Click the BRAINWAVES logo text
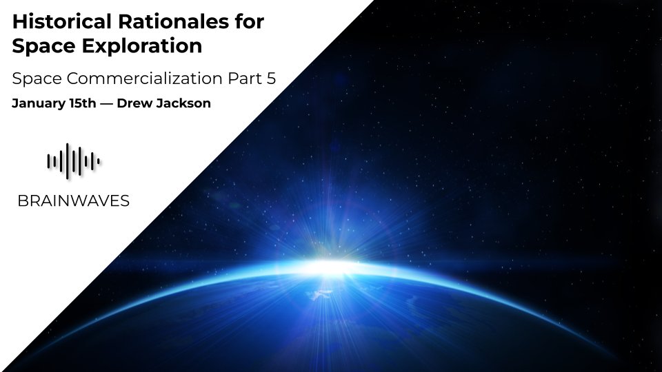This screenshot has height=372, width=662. tap(73, 201)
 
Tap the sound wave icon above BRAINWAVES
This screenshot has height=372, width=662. tap(73, 161)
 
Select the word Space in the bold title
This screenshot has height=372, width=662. tap(39, 47)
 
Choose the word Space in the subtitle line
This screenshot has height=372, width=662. tap(37, 79)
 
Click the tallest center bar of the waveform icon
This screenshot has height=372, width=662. tap(73, 161)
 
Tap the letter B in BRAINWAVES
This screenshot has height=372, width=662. tap(21, 201)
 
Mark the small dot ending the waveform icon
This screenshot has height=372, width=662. tap(99, 162)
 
